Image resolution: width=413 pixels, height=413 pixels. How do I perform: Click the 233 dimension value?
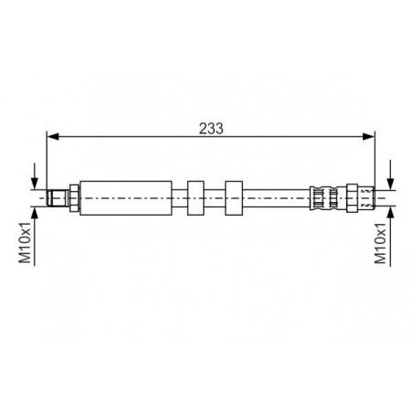coord(211,129)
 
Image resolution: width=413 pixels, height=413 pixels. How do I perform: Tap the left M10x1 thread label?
coord(26,243)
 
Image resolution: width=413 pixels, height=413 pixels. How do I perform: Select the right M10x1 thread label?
coord(380,243)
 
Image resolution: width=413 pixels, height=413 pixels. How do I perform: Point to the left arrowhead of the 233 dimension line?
coord(53,136)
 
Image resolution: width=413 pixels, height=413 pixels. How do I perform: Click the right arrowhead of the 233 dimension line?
coord(368,136)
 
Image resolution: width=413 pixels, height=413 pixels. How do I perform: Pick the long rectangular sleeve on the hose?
coord(126,198)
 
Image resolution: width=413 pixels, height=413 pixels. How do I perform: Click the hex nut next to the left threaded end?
coord(74,198)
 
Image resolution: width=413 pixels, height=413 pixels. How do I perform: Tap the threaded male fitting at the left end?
coord(58,198)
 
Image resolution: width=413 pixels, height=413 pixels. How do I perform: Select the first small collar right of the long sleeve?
coord(196,198)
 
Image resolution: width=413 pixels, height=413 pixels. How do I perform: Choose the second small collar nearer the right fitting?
coord(234,198)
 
